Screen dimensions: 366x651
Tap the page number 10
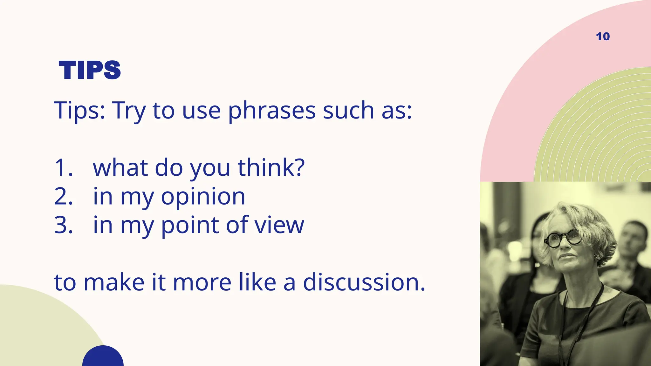tap(603, 37)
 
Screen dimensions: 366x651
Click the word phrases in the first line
tap(272, 111)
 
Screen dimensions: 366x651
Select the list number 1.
tap(63, 168)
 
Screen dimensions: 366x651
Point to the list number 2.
tap(63, 196)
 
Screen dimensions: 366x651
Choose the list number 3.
tap(63, 225)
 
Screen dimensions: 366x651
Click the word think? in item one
tap(271, 168)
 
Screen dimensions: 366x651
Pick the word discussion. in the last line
tap(364, 282)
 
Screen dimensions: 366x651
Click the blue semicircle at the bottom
tap(103, 357)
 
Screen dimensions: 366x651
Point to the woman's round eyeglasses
tap(563, 238)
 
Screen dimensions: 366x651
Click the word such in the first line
tap(348, 111)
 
